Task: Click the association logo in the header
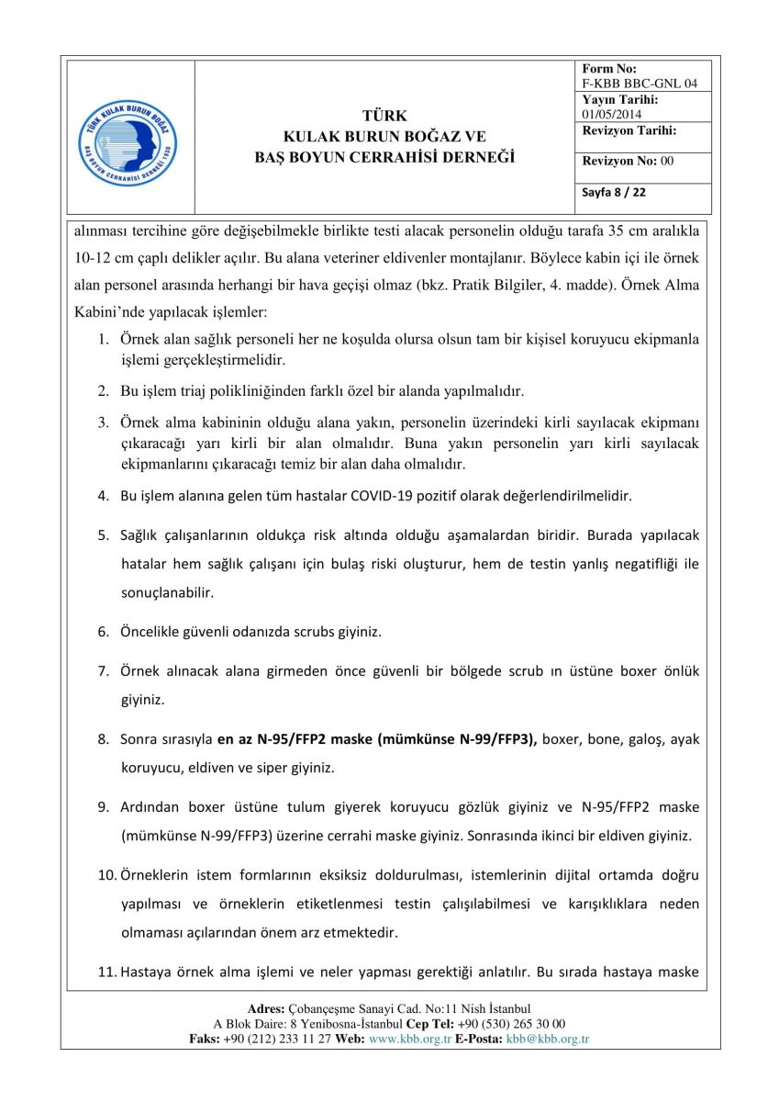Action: [x=129, y=138]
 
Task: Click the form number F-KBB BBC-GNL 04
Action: [x=640, y=84]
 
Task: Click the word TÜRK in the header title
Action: [x=384, y=116]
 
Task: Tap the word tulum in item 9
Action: [x=285, y=807]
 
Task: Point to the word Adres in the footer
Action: [x=266, y=1009]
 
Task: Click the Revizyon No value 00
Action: [x=667, y=161]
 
